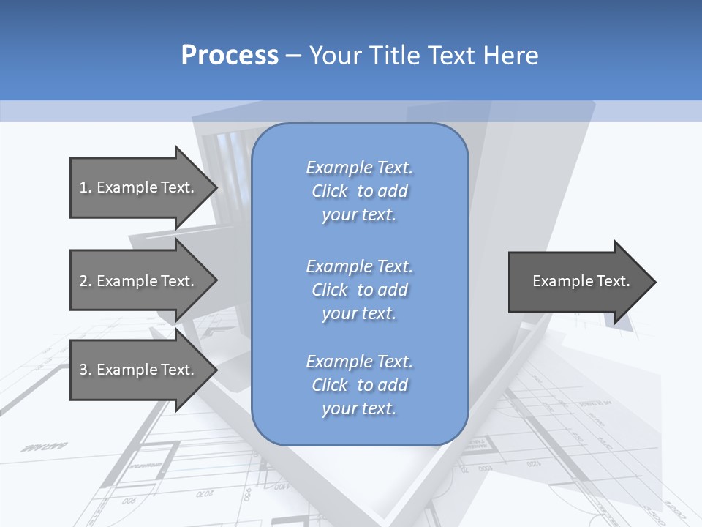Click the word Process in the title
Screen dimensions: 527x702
click(x=230, y=56)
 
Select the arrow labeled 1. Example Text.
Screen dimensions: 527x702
click(x=137, y=187)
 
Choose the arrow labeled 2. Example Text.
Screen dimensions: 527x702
click(x=137, y=281)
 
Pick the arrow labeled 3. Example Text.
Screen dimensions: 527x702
click(x=137, y=370)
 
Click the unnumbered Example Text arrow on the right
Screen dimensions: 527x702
click(x=581, y=281)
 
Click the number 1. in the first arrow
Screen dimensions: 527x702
click(x=86, y=187)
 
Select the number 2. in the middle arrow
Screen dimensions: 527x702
click(x=86, y=281)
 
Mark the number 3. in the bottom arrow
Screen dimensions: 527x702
click(x=86, y=370)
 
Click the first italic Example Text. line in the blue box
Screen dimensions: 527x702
click(x=359, y=168)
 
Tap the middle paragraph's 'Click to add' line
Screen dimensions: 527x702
click(x=359, y=290)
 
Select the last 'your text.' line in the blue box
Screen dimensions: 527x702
click(x=359, y=408)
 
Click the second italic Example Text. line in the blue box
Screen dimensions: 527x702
click(x=359, y=266)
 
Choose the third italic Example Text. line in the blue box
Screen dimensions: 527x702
click(x=359, y=362)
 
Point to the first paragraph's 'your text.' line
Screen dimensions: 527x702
click(x=359, y=214)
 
